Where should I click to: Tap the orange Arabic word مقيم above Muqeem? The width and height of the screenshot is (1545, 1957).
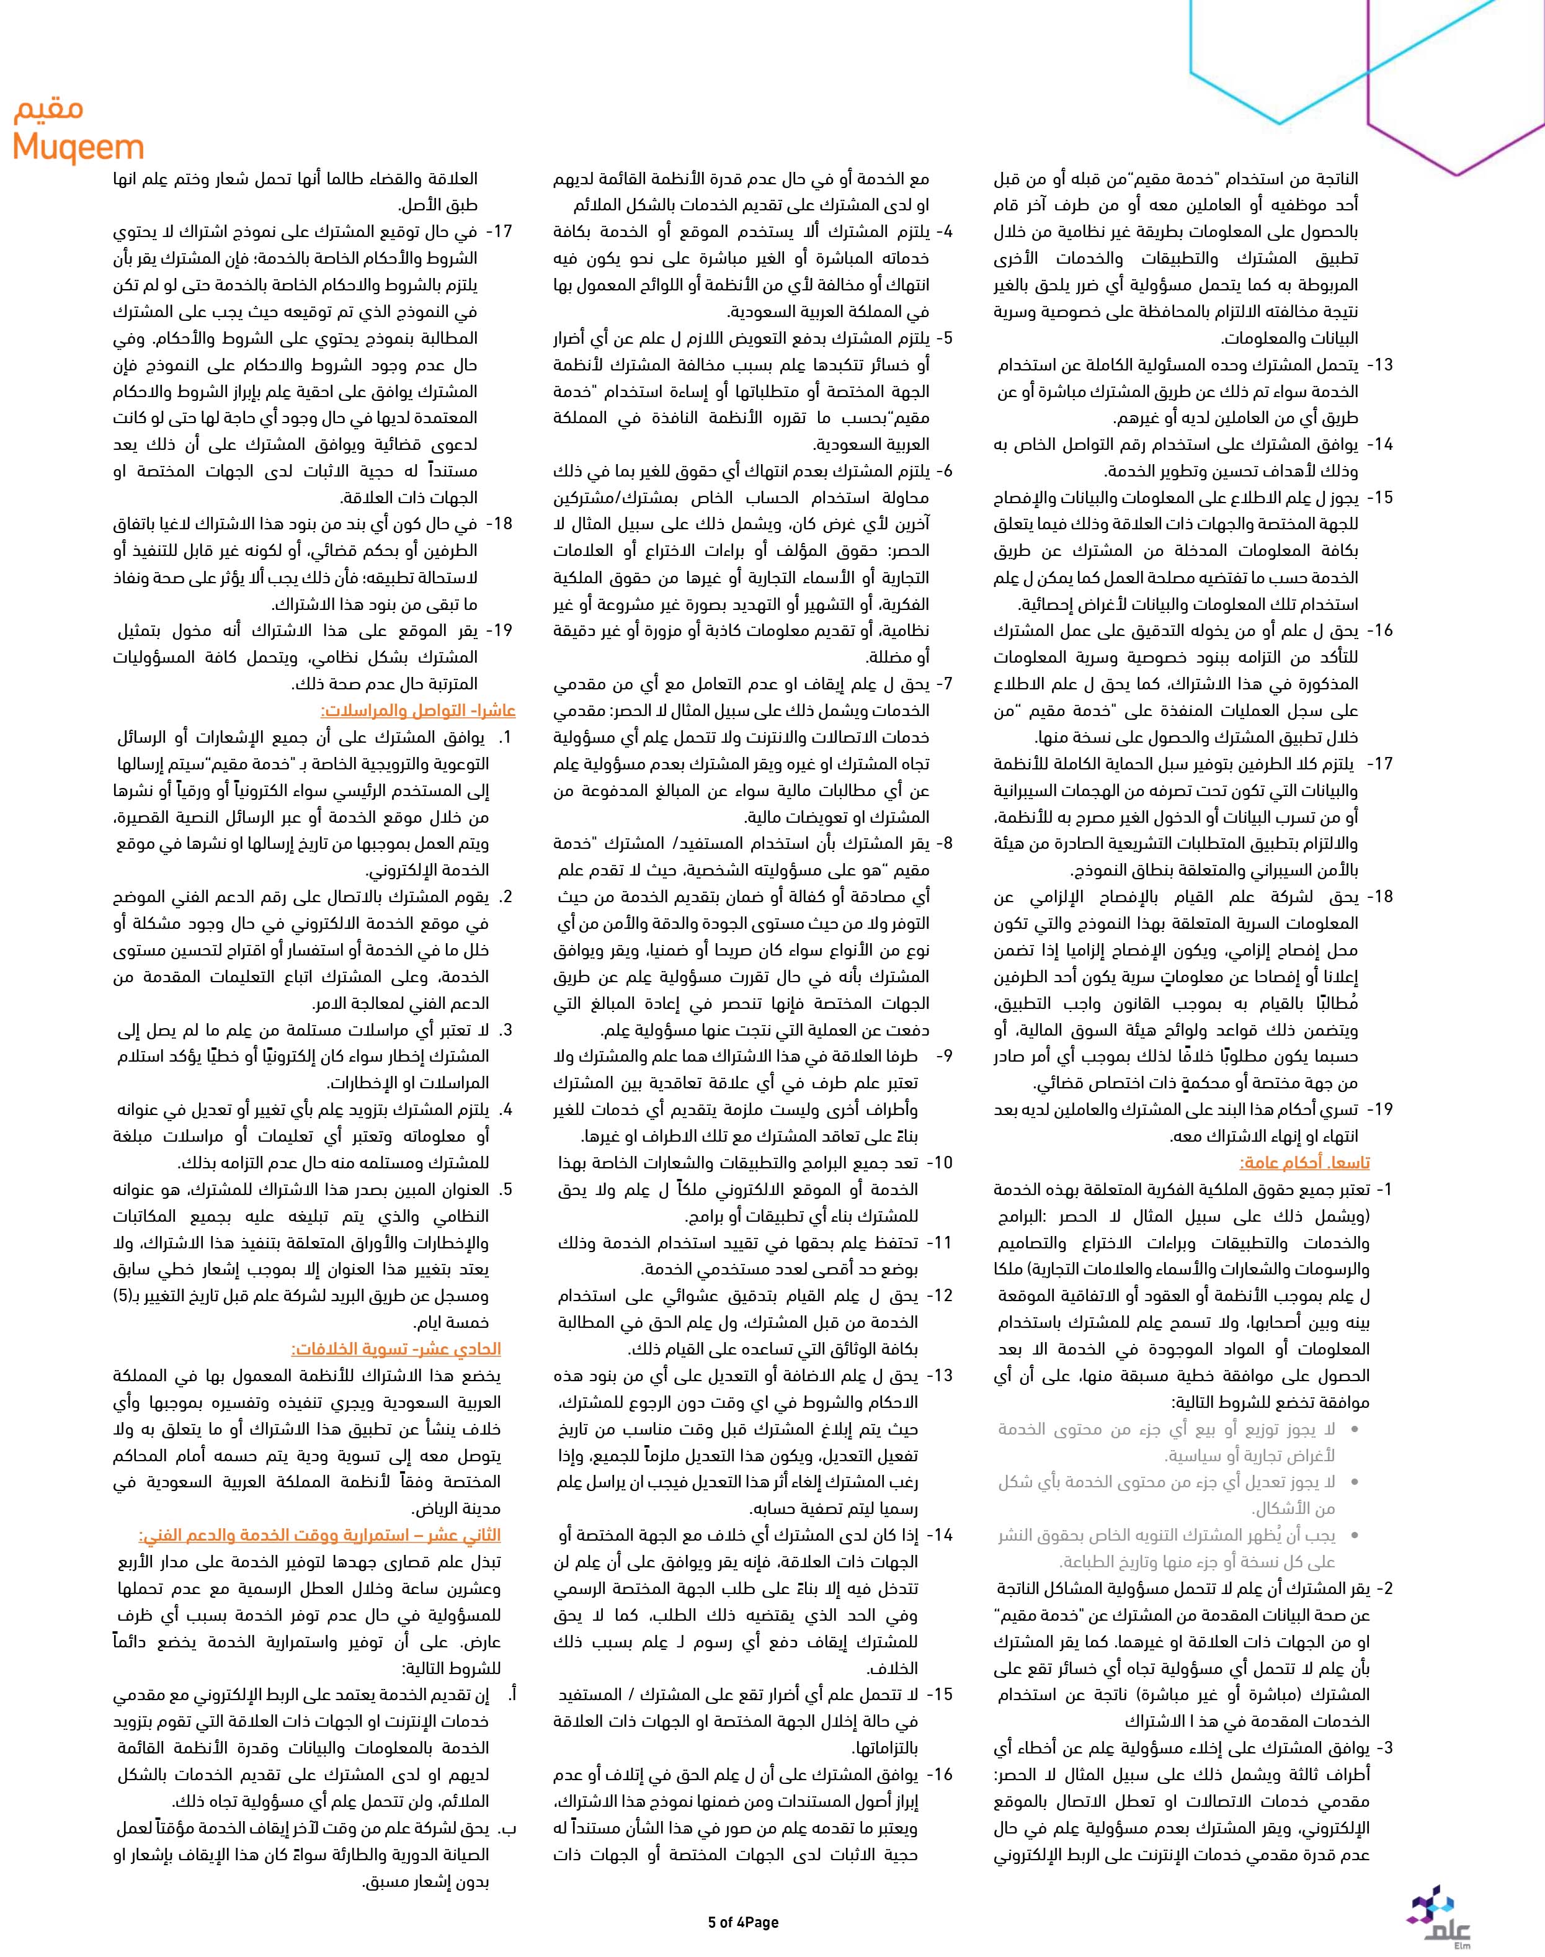click(x=49, y=110)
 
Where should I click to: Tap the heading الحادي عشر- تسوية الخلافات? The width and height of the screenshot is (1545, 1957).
click(x=396, y=1349)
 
